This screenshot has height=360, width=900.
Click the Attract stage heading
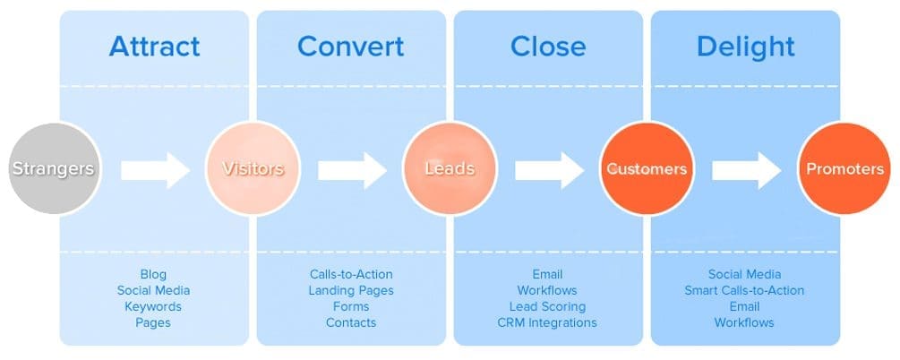coord(154,46)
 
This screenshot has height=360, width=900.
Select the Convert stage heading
coord(350,46)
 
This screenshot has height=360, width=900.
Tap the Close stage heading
coord(548,46)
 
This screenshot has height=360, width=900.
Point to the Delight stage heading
coord(744,46)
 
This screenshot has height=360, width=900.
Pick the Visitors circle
coord(253,168)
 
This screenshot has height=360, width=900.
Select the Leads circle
coord(450,168)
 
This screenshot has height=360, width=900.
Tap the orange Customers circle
coord(647,168)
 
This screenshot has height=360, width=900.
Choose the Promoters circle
coord(844,168)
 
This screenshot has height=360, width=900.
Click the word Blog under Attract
coord(153,274)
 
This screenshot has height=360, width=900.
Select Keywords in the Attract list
coord(153,306)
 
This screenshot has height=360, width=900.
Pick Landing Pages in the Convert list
coord(351,290)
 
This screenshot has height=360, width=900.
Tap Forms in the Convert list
coord(351,306)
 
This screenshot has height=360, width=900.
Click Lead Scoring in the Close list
coord(547,306)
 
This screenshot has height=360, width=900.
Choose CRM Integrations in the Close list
coord(547,322)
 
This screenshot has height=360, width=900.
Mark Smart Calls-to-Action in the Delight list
coord(744,290)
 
